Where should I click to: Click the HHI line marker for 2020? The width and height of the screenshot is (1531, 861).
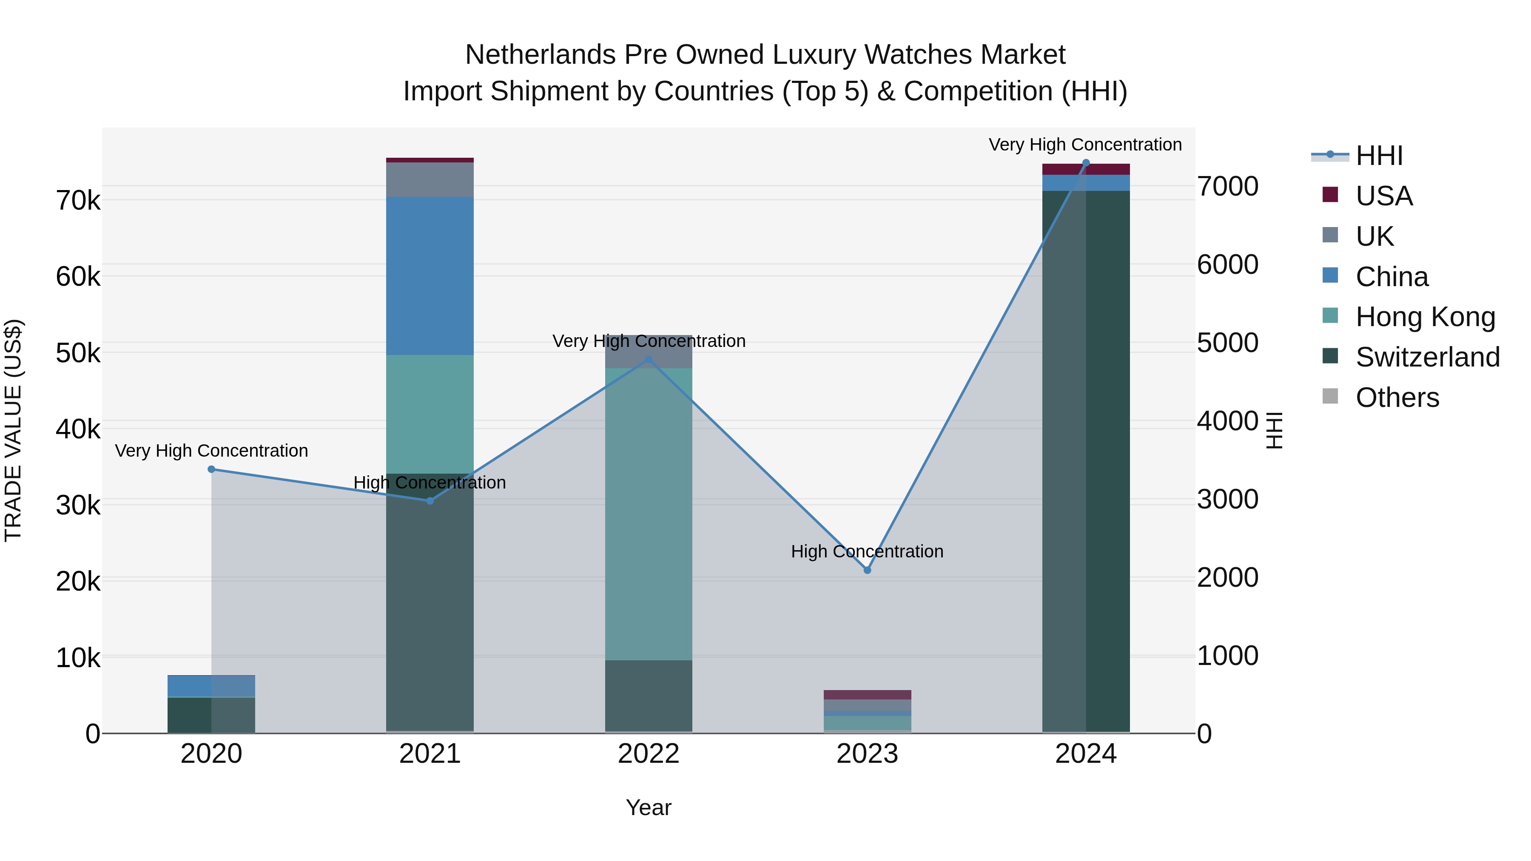212,469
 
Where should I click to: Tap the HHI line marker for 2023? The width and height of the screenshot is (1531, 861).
867,570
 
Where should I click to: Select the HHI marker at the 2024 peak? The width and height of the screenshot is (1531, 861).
1086,163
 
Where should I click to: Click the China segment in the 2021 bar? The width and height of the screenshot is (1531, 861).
430,276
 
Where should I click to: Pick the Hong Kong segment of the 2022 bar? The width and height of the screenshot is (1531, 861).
649,514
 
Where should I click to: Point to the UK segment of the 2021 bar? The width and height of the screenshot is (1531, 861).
430,179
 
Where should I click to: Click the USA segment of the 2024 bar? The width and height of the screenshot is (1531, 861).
1086,169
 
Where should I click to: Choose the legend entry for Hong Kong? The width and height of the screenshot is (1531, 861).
1425,317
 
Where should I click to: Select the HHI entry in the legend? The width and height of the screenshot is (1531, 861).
1379,156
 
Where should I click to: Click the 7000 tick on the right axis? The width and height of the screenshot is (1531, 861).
1228,187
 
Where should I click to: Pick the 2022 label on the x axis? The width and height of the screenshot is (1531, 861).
649,754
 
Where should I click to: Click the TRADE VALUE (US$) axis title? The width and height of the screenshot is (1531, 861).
14,430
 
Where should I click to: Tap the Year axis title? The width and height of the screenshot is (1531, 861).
649,807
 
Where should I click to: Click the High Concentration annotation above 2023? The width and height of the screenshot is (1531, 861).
867,551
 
